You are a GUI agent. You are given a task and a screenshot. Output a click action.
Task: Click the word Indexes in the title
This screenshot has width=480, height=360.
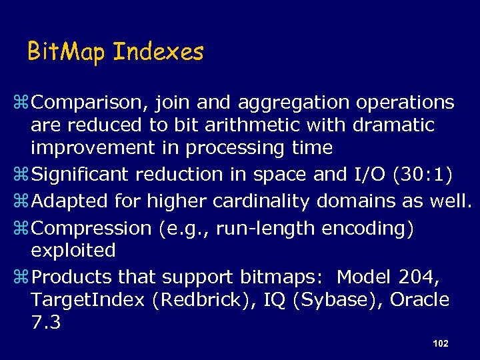158,51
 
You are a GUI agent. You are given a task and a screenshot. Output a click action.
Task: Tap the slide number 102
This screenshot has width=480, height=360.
440,343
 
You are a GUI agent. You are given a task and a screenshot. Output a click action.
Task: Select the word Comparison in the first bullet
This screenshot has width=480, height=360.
91,103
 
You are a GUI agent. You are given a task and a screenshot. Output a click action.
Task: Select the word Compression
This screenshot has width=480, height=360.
92,228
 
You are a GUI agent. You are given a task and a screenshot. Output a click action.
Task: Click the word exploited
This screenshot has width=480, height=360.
73,251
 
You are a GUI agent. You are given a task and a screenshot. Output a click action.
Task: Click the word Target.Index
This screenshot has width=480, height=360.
87,300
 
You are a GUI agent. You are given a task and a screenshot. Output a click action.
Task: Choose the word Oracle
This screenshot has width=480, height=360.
419,300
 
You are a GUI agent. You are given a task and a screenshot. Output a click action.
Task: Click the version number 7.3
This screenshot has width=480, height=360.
45,323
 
